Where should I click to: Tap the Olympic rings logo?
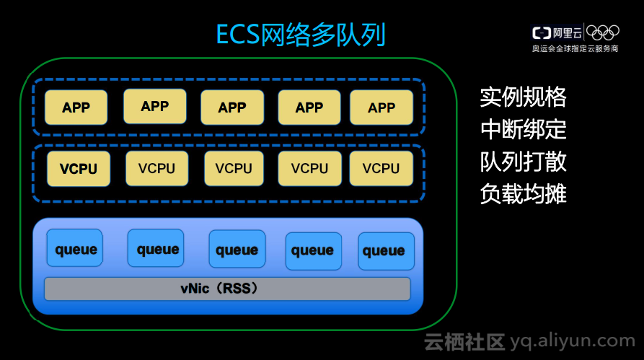tap(603, 32)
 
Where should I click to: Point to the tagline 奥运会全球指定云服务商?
tap(575, 48)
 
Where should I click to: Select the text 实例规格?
tap(523, 97)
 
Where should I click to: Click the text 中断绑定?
tap(523, 129)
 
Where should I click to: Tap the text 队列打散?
tap(523, 162)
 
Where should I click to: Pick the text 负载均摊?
tap(523, 194)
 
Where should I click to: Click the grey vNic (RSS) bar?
tap(227, 289)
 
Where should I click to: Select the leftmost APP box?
tap(76, 107)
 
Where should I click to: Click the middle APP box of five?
tap(232, 107)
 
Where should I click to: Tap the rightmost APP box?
tap(381, 107)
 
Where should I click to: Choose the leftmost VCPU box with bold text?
tap(79, 169)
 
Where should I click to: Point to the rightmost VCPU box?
tap(381, 169)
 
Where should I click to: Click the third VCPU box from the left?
tap(234, 169)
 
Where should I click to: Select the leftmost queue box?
tap(76, 249)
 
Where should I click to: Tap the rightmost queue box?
tap(384, 251)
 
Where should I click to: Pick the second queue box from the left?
tap(157, 249)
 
